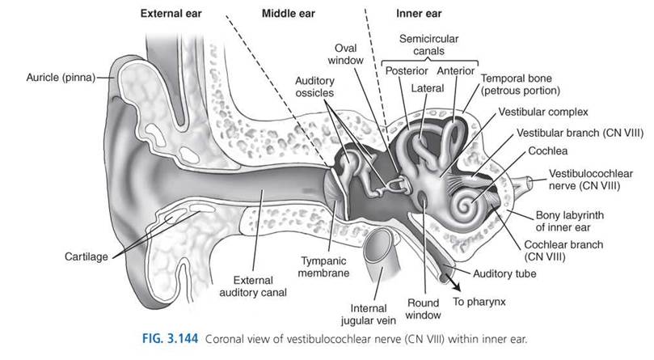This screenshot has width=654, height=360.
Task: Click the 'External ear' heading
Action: tap(171, 14)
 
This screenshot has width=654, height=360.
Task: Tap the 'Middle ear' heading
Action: tap(289, 14)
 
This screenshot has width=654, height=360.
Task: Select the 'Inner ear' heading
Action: tap(419, 14)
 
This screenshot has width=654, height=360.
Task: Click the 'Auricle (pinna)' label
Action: tap(61, 78)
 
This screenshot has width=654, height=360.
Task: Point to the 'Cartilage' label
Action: tap(86, 256)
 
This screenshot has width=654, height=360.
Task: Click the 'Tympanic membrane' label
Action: tap(323, 267)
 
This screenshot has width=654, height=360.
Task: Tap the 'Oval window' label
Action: tap(345, 54)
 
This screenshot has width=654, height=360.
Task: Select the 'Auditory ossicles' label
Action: tap(315, 87)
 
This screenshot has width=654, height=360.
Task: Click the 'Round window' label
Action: tap(423, 309)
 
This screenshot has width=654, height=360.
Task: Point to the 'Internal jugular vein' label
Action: tap(369, 315)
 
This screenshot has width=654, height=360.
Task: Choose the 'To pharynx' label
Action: tap(479, 302)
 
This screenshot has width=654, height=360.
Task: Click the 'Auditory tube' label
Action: tap(504, 274)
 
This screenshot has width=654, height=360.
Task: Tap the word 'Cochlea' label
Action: tap(547, 150)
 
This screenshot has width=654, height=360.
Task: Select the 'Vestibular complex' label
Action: tap(543, 112)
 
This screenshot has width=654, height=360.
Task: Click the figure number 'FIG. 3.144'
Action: tap(171, 338)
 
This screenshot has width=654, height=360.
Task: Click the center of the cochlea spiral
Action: tap(466, 205)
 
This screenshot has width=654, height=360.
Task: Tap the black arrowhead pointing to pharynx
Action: tap(456, 286)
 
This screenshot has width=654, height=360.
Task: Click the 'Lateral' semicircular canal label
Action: tap(428, 88)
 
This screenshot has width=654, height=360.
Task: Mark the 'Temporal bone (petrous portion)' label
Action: tap(521, 84)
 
